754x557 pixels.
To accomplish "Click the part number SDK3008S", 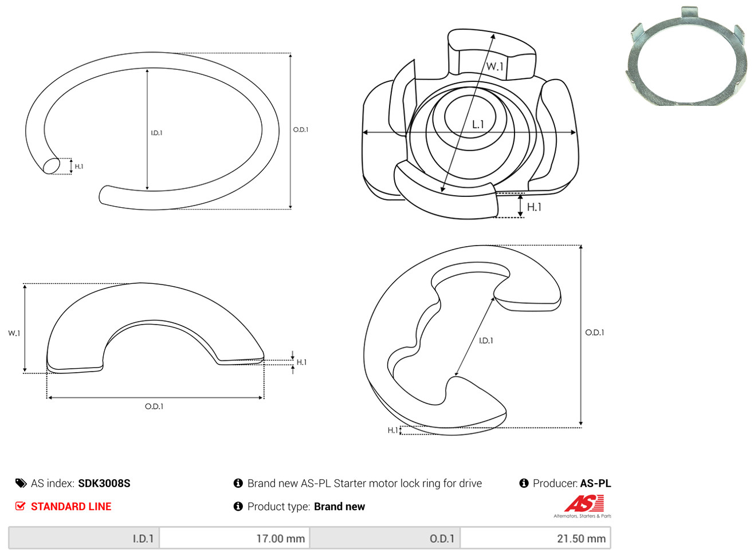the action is [104, 483].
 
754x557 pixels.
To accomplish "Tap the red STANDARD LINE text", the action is [71, 506].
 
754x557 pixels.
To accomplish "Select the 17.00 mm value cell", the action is [234, 538].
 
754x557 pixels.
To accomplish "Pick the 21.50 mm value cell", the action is [535, 538].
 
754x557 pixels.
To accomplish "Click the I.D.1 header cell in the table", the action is [84, 538].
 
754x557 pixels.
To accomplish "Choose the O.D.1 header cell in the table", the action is [385, 538].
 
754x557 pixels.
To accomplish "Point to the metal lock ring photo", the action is [686, 56].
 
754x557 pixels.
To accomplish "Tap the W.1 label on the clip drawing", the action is [494, 66].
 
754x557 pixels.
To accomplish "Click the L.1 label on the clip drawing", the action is [478, 125].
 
